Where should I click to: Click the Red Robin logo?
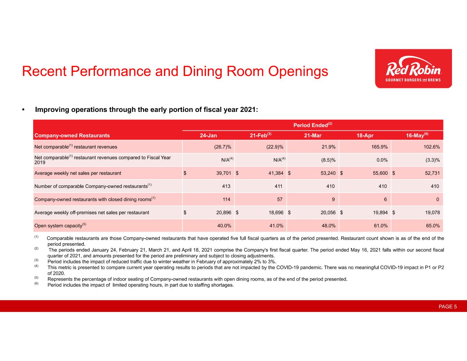(x=413, y=69)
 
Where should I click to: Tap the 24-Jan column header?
(x=208, y=136)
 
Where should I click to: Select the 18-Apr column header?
(x=365, y=136)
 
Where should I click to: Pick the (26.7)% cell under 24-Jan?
(x=222, y=147)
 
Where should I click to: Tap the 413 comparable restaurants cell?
(x=226, y=186)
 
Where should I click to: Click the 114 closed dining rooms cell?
(x=226, y=199)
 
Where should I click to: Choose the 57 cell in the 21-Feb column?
(x=280, y=199)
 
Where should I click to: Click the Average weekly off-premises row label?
(x=92, y=212)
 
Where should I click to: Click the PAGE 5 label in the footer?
(x=447, y=307)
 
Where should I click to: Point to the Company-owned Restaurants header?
(x=72, y=136)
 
